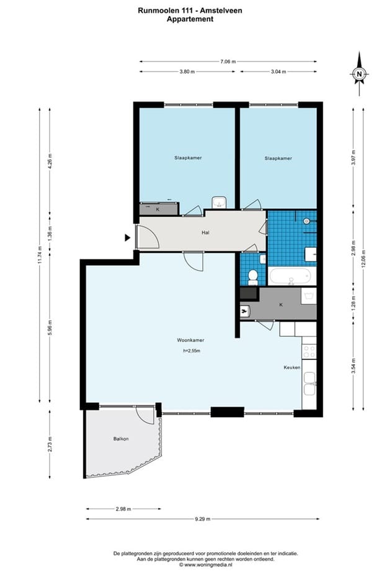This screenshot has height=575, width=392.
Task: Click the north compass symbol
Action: click(359, 74)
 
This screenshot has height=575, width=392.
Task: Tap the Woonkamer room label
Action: click(190, 340)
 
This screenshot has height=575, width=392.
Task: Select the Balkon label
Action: click(121, 439)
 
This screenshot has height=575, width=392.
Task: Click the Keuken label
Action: click(292, 367)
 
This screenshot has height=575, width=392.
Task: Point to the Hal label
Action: click(205, 232)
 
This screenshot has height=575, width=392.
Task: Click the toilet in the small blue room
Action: click(252, 277)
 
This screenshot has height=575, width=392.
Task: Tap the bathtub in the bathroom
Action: click(292, 276)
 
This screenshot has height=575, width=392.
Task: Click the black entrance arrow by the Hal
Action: click(127, 238)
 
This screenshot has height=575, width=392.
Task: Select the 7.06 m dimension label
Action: click(228, 61)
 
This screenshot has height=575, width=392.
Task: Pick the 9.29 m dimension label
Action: click(203, 519)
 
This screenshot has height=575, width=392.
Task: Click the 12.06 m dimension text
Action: click(363, 258)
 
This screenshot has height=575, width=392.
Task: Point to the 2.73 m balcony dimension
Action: click(50, 444)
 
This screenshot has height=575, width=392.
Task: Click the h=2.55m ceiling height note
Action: click(192, 351)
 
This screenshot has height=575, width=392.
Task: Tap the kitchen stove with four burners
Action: click(309, 352)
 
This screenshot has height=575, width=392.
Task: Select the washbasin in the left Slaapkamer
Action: click(219, 203)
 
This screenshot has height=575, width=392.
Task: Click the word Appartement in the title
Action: click(190, 19)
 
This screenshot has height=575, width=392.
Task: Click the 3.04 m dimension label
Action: click(278, 72)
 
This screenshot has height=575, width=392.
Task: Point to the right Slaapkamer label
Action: click(278, 159)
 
